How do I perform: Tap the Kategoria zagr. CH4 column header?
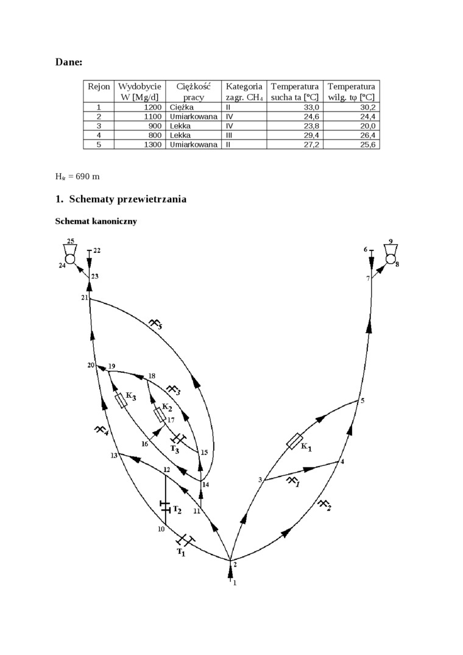click(x=244, y=91)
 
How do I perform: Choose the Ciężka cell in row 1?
click(x=182, y=107)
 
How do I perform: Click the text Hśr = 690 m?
click(x=77, y=177)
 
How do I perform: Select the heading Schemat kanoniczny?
click(x=96, y=221)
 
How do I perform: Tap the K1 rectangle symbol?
click(x=295, y=441)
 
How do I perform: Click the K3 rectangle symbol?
click(x=121, y=400)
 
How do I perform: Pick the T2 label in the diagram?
click(x=177, y=509)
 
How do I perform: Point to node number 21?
click(x=84, y=297)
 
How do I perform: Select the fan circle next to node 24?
click(x=70, y=259)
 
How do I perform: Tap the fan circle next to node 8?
click(x=390, y=259)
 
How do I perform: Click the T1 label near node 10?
click(x=180, y=553)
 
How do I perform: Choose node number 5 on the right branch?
click(x=362, y=400)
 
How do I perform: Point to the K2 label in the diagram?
click(x=167, y=406)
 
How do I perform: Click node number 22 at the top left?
click(x=97, y=250)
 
